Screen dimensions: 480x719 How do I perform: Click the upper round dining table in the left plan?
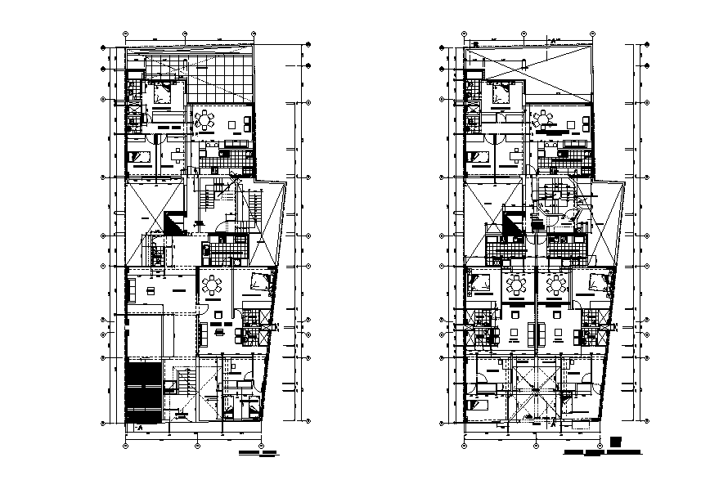[204, 121]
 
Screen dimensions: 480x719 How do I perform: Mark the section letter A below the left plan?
[140, 427]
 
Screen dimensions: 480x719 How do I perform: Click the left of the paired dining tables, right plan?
[517, 285]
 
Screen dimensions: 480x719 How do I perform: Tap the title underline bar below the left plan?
[255, 452]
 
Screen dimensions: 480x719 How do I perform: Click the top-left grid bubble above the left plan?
[125, 34]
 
